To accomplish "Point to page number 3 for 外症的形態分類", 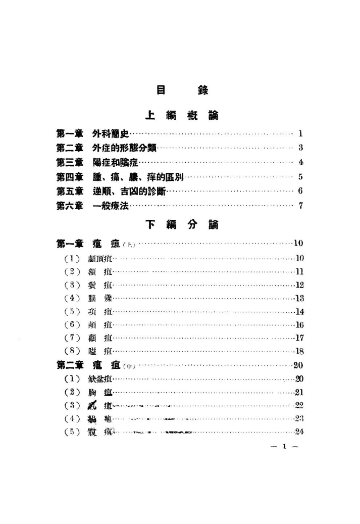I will (x=300, y=149).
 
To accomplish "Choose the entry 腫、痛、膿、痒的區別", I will (x=138, y=177).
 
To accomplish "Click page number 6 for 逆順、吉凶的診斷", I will (x=300, y=191).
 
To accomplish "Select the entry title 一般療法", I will (x=111, y=205).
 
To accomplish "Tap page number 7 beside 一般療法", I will (x=300, y=205).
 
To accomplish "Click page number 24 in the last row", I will (x=298, y=432).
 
